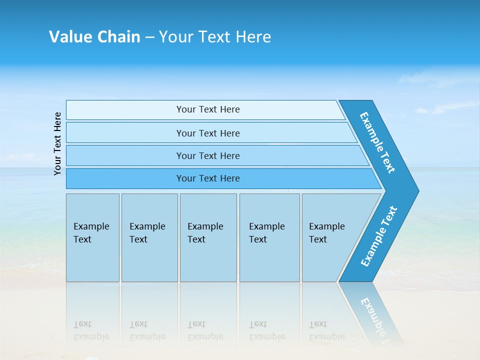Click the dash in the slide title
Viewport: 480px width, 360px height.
click(149, 37)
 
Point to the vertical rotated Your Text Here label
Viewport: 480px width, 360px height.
click(57, 143)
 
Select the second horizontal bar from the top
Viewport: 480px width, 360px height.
click(208, 133)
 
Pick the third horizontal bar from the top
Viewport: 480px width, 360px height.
click(208, 155)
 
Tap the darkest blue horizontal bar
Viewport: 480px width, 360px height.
click(208, 178)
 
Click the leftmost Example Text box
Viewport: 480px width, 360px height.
click(92, 237)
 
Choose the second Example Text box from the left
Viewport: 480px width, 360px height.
click(149, 237)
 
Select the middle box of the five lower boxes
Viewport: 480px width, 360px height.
click(208, 237)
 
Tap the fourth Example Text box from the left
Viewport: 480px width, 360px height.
click(269, 237)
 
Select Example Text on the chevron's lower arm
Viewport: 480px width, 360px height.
click(379, 236)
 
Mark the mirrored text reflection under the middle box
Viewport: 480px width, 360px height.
click(205, 330)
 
